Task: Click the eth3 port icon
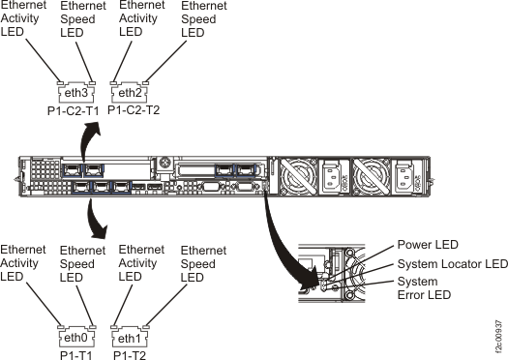[76, 93]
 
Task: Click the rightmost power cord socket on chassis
[403, 175]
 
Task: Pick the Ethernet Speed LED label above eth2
[196, 19]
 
